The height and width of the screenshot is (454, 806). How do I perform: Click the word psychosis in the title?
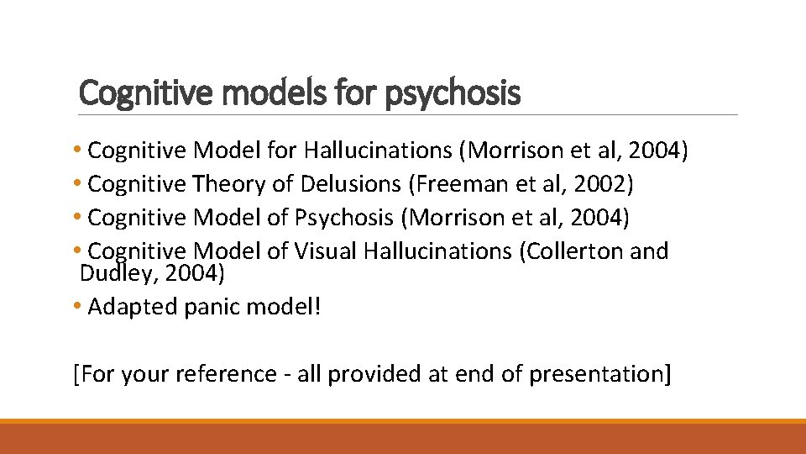pos(453,92)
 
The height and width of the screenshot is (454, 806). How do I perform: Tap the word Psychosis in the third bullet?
pos(343,218)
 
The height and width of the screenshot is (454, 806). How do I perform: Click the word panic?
pos(210,307)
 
